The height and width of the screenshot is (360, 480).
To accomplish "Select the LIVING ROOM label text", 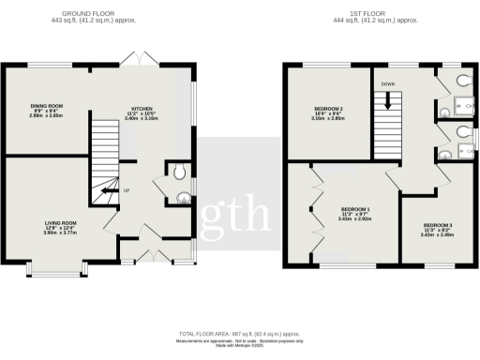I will tap(61, 222).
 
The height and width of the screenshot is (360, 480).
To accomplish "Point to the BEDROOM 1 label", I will tap(355, 208).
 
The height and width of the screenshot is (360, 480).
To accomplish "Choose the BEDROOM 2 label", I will tap(328, 109).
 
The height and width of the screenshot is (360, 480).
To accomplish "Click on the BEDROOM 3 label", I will tap(438, 225).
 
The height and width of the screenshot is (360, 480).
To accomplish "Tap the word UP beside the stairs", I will tap(127, 191).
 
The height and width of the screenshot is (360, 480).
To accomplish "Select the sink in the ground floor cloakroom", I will tap(181, 197).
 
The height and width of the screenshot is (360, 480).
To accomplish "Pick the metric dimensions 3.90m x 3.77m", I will tap(61, 233).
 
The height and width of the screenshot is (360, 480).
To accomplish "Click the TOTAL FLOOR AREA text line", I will tap(240, 334).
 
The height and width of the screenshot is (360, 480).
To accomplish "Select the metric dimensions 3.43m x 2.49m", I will tap(438, 236).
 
